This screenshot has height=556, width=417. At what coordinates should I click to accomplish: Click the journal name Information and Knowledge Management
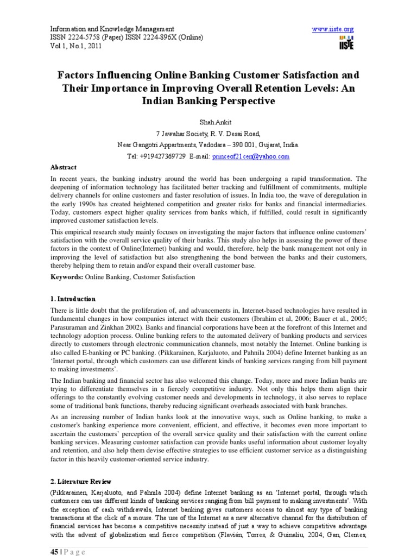click(112, 28)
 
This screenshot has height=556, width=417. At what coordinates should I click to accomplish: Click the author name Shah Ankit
click(208, 124)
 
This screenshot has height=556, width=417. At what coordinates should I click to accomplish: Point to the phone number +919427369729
click(156, 156)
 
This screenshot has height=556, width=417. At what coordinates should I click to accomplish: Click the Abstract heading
click(64, 167)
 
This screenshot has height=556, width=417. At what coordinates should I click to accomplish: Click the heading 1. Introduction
click(73, 299)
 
